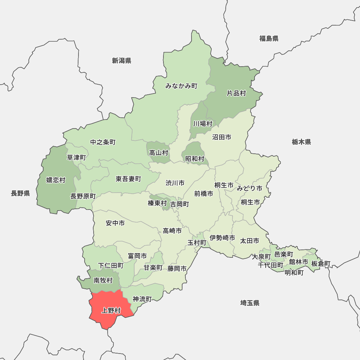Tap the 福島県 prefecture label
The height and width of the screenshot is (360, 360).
click(269, 39)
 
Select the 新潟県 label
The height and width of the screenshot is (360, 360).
click(121, 60)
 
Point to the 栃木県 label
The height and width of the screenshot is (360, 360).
click(301, 142)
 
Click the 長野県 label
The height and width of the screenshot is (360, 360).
click(20, 194)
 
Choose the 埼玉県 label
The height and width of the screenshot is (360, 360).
click(250, 303)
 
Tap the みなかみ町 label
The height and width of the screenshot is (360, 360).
click(181, 86)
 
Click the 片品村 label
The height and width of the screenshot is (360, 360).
click(236, 93)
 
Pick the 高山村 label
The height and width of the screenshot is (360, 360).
click(159, 153)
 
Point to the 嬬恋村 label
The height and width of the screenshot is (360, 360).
click(56, 180)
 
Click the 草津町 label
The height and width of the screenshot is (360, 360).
click(77, 157)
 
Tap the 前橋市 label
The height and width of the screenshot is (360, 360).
click(203, 194)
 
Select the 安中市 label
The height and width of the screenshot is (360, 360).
click(115, 223)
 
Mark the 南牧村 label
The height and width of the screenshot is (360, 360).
click(103, 280)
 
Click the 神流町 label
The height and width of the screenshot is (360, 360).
click(142, 299)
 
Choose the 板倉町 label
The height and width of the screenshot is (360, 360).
click(320, 264)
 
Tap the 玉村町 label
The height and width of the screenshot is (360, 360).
click(197, 243)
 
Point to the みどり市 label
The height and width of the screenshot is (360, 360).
click(249, 188)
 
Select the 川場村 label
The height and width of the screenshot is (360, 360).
click(202, 123)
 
